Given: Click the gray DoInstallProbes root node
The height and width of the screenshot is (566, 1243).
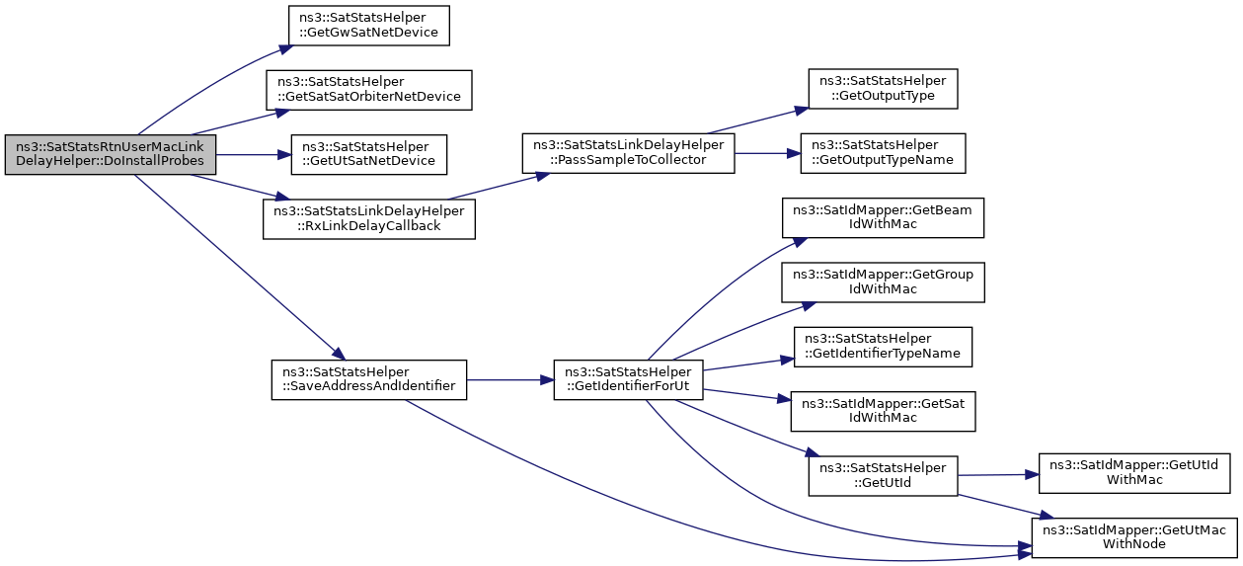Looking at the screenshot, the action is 111,154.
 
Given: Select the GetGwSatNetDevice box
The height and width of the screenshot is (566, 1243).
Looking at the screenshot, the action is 368,26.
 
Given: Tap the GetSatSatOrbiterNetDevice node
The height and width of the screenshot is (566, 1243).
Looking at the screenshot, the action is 368,90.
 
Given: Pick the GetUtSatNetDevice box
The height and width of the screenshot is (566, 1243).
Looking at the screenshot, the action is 368,154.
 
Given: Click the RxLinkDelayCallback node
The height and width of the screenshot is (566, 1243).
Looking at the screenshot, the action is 368,219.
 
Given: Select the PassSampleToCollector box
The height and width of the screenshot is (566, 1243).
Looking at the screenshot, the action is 628,153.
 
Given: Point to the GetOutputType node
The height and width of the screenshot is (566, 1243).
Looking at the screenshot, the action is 883,89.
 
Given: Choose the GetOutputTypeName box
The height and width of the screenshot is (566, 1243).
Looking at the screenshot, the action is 883,153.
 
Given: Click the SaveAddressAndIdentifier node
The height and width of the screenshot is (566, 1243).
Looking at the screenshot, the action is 368,379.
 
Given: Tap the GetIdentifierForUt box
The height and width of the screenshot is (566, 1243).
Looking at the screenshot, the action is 628,379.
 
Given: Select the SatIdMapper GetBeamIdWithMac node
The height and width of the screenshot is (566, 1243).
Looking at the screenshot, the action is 883,217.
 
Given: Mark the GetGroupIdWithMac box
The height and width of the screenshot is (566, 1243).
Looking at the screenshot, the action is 883,283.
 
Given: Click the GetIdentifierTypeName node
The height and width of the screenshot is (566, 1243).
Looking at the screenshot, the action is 883,347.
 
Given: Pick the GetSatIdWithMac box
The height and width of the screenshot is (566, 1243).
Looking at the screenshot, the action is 883,411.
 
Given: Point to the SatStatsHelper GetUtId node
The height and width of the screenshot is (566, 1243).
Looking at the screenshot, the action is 883,476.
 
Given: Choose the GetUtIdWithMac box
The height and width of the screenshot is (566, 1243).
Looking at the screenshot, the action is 1134,473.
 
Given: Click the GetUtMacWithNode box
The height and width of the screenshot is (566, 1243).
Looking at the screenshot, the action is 1134,537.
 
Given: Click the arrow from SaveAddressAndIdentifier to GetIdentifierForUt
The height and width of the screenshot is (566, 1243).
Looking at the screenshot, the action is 510,380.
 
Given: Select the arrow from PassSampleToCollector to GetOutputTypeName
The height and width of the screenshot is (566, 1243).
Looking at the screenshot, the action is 767,153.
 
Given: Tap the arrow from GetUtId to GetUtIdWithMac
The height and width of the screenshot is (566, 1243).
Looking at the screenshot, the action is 998,475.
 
